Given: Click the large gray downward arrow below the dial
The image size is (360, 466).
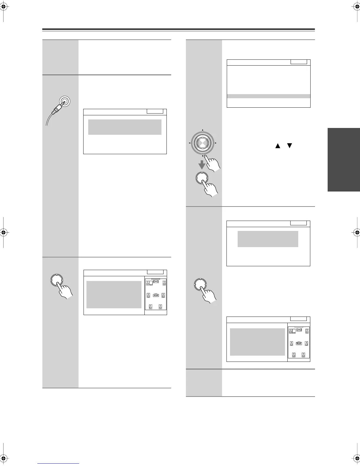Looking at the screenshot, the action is (x=202, y=166).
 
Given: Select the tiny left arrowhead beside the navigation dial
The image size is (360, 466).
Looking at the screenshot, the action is (x=189, y=144).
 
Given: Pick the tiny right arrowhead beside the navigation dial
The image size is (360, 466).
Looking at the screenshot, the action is (x=216, y=144).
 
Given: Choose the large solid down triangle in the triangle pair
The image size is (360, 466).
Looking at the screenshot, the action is (x=290, y=146).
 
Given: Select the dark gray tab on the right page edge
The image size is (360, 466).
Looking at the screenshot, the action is (x=344, y=160).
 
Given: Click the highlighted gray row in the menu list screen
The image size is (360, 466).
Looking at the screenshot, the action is (x=269, y=96).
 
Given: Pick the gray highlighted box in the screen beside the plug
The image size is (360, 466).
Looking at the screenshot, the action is (x=125, y=127).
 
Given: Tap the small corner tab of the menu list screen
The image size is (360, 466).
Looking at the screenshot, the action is (x=299, y=62).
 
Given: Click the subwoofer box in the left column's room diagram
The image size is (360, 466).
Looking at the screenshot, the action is (x=151, y=283).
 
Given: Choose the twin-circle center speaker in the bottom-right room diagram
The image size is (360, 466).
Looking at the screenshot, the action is (x=299, y=330).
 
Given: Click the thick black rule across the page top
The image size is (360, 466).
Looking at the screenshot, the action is (x=179, y=29).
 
